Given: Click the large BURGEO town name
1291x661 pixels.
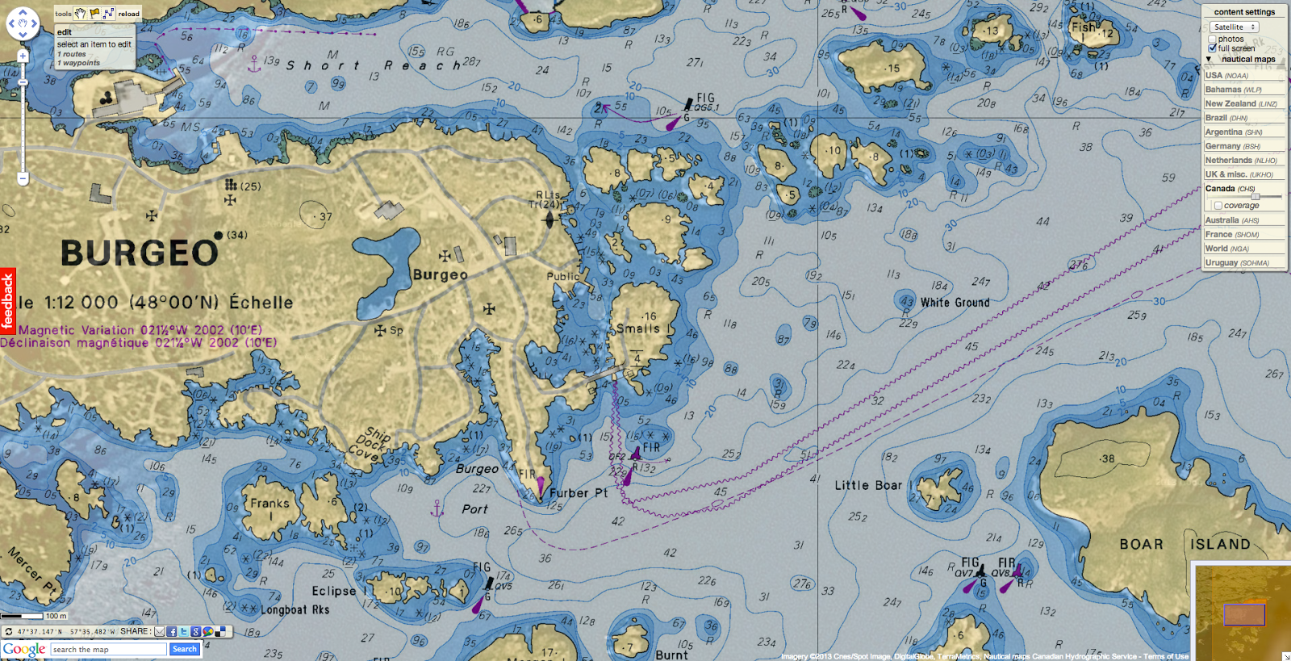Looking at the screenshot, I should point(139,253).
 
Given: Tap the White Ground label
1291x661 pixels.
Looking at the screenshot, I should point(955,303).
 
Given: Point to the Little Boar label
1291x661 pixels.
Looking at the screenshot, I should point(868,485).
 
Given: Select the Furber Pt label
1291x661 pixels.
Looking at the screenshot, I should point(579,493).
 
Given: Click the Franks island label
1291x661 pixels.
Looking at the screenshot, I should point(269,503).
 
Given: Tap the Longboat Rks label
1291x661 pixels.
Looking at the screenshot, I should point(295,610).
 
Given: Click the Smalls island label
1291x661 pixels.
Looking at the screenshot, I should point(638,328).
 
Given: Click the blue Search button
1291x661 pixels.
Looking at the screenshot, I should point(184,649).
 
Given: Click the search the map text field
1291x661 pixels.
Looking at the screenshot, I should point(108,649).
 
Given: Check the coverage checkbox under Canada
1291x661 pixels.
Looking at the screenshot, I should point(1218,206).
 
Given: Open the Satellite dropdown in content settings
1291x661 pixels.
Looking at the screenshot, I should point(1235,27).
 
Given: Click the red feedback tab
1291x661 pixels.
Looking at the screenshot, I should point(8,300).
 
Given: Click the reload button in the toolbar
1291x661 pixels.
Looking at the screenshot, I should point(128,14).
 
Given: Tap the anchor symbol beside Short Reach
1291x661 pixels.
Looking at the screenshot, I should point(254,64).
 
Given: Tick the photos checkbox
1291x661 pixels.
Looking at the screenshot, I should point(1212,39).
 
